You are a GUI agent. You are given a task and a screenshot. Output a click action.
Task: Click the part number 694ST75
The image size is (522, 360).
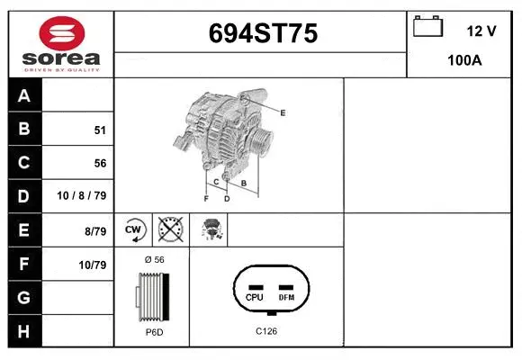pos(263,34)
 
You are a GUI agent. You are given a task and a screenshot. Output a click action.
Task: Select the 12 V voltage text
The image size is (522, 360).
pos(481,31)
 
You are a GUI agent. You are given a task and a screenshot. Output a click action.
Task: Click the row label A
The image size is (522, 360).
pos(23,95)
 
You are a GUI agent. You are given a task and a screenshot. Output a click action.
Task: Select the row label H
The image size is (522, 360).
pos(23,331)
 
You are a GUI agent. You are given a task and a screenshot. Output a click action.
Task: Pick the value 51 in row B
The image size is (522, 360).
pos(100,130)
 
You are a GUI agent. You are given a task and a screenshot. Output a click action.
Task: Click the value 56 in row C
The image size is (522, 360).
pos(100,164)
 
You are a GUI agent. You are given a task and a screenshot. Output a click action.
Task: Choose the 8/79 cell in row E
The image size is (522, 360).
pos(94,231)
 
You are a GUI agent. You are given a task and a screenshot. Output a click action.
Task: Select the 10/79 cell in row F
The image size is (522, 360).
pos(92,265)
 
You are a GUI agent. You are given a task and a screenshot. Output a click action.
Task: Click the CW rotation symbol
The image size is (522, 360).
pos(135,229)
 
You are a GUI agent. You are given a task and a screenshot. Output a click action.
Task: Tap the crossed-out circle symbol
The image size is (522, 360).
pos(170,229)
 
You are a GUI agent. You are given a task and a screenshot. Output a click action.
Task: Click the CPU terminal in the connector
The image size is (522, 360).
pos(254,296)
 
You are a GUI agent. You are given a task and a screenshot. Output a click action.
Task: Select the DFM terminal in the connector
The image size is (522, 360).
pos(286,296)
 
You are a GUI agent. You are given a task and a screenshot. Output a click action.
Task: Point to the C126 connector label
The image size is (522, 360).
pos(265,332)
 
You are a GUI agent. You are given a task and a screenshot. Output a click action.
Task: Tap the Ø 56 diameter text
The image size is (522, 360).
pos(154,259)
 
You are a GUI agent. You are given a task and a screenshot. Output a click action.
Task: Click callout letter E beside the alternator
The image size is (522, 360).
pos(283,112)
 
